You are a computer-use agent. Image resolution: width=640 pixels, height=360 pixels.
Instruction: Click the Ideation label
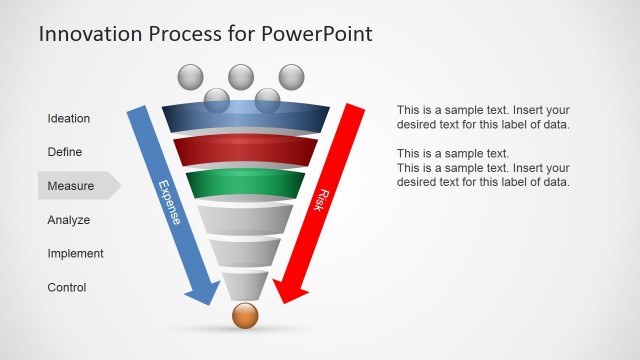point(69,118)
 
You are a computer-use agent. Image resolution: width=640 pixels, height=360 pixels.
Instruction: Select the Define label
point(65,152)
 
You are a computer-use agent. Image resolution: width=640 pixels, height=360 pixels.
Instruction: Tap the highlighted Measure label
point(71,185)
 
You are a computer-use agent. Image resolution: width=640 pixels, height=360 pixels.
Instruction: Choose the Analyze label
point(69,220)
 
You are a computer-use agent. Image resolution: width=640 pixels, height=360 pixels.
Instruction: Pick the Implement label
point(75,254)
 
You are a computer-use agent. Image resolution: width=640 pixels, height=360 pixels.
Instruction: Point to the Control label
point(67,288)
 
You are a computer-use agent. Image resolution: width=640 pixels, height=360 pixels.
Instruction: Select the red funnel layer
point(245,153)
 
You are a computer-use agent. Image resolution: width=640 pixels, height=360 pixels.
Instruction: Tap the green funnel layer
point(245,186)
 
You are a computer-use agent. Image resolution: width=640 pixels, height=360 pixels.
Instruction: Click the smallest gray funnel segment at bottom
point(245,287)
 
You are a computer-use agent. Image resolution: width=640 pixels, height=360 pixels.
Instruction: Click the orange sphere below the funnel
point(245,316)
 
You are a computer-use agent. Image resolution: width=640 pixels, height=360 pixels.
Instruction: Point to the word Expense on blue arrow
point(170,201)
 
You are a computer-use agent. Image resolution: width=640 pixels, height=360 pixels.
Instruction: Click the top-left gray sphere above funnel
point(190,77)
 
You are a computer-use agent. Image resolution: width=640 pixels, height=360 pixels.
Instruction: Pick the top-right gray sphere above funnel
point(291,76)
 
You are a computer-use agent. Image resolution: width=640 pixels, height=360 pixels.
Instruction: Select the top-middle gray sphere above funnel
point(241,76)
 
